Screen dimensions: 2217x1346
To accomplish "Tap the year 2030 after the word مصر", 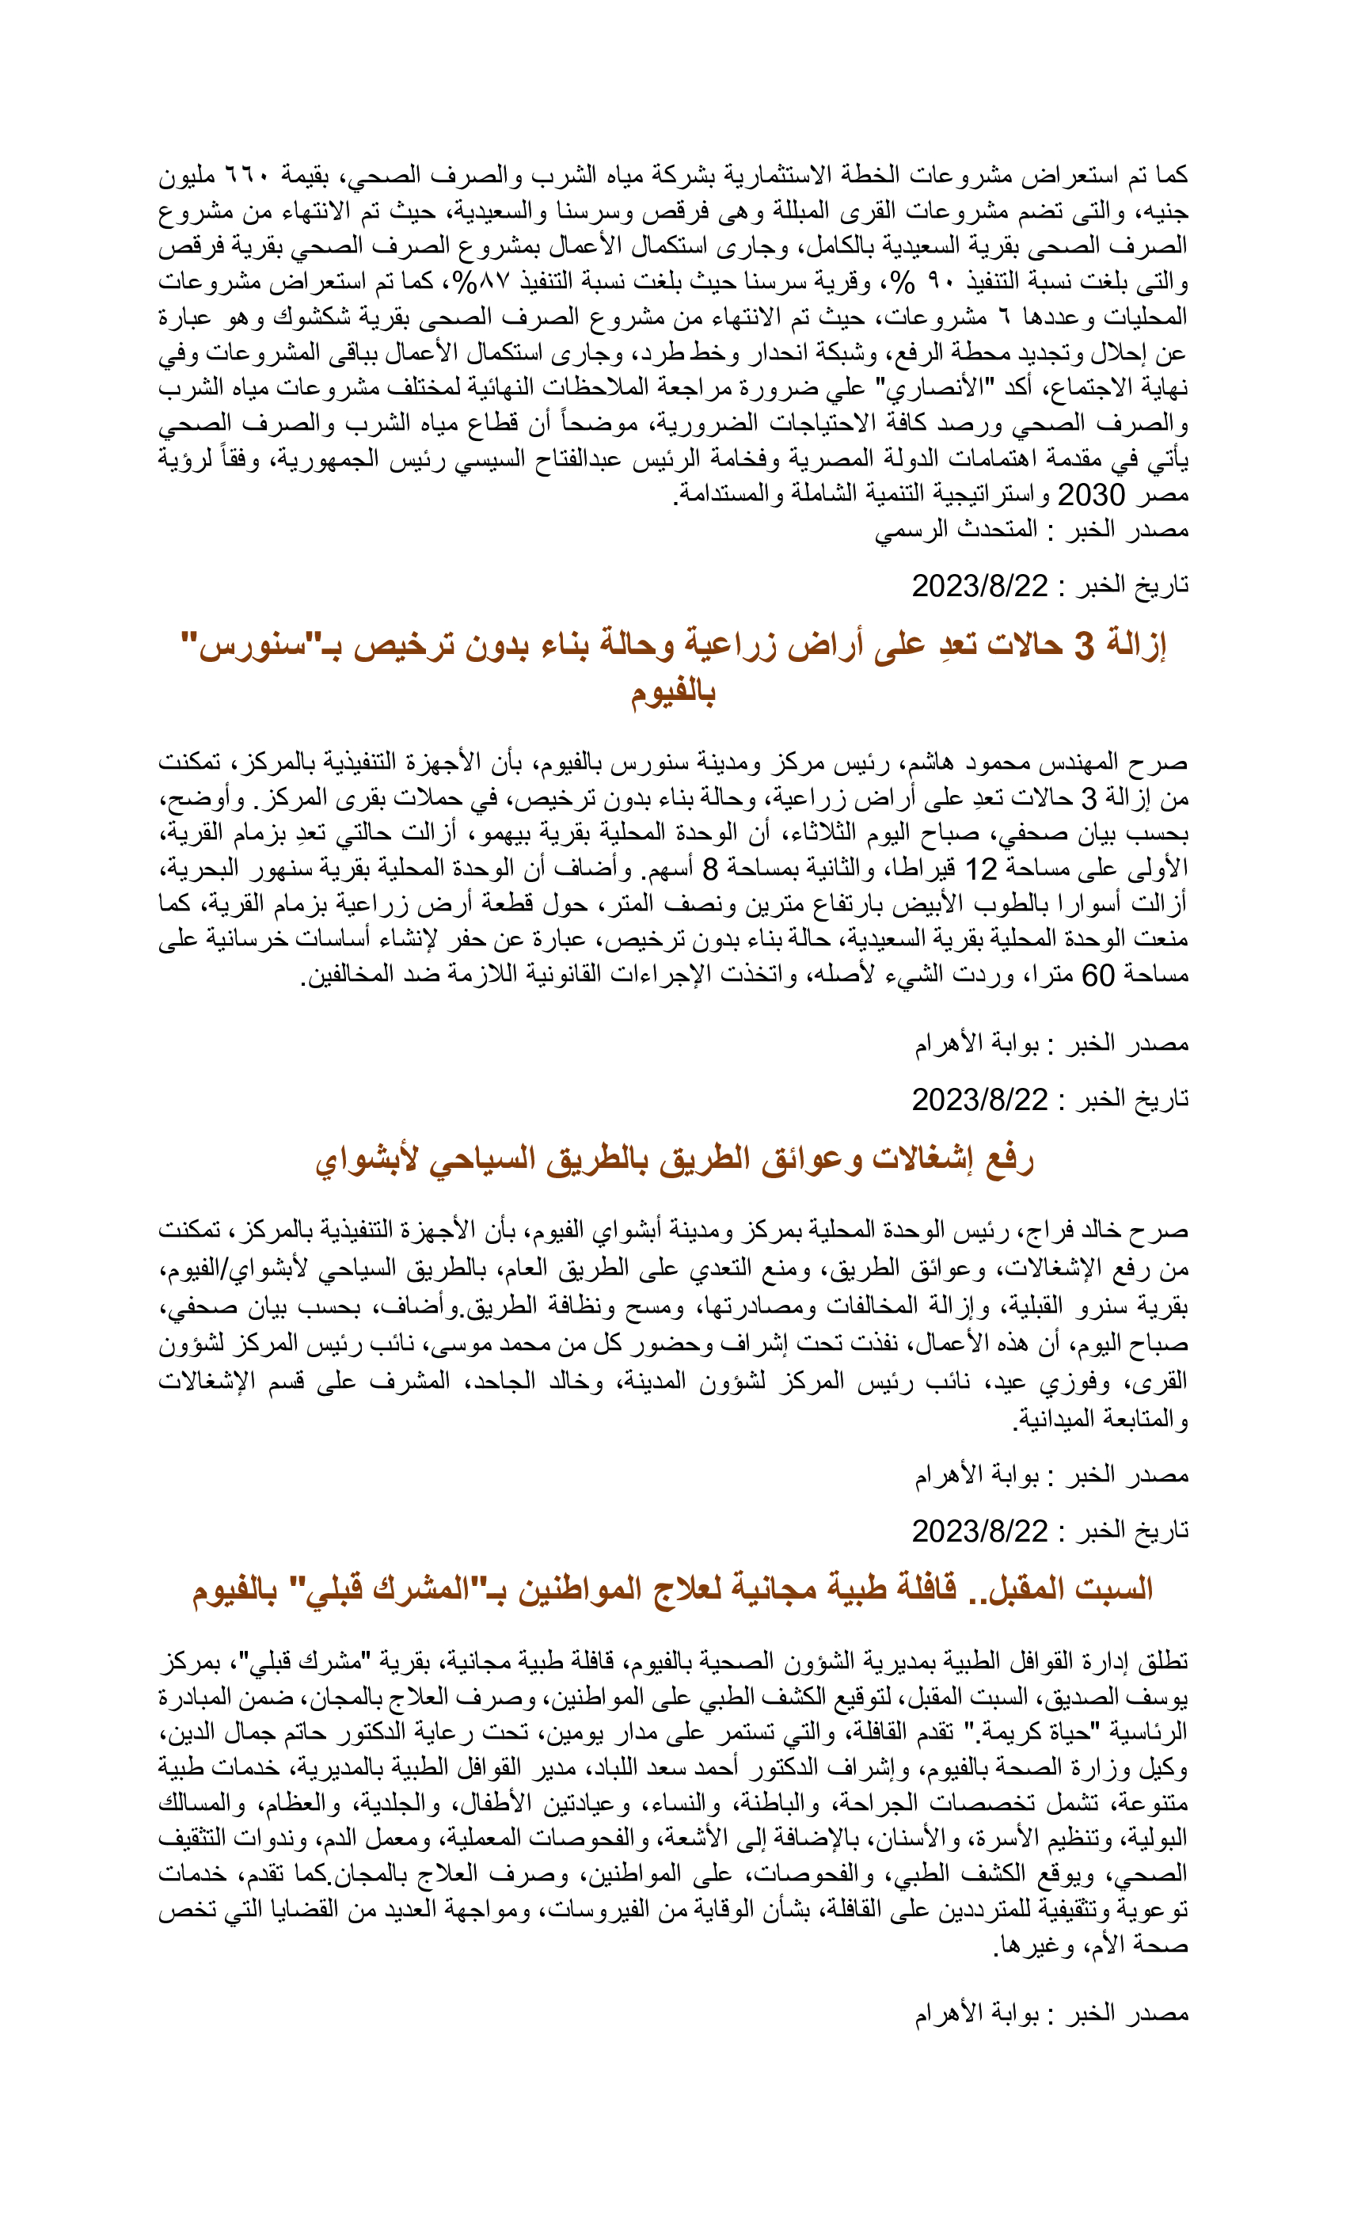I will (x=1090, y=495).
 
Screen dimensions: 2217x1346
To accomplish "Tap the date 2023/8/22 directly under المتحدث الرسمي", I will (x=980, y=586).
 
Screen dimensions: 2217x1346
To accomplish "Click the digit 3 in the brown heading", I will (x=1085, y=645).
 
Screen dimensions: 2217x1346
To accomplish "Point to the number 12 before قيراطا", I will (x=981, y=869).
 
